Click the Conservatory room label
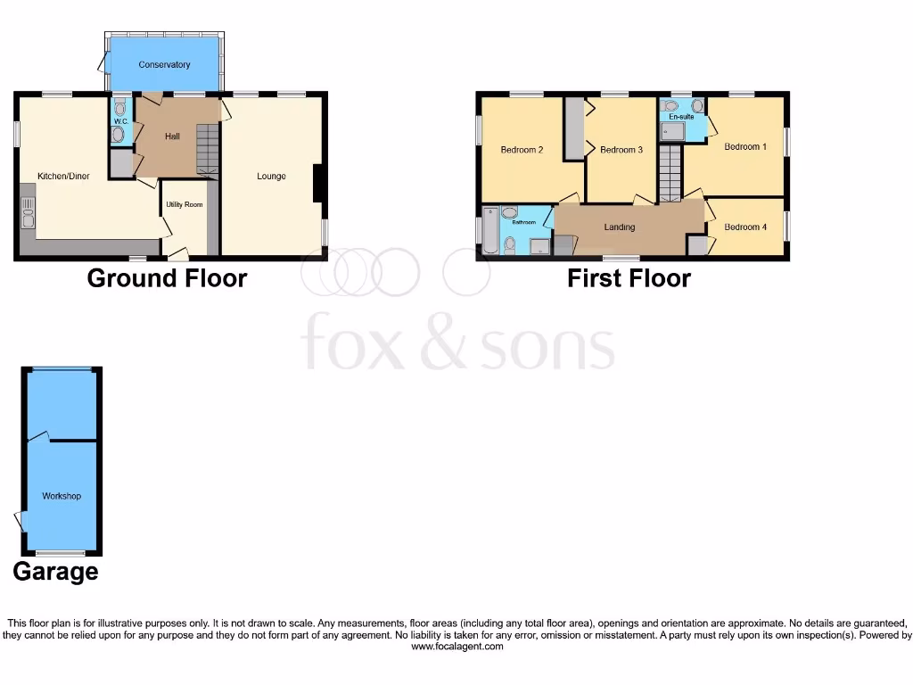(164, 64)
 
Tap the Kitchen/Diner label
(63, 176)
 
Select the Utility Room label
(185, 204)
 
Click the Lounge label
(271, 176)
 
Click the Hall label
(172, 136)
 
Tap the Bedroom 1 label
(744, 146)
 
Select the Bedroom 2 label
(522, 150)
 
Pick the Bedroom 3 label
(621, 150)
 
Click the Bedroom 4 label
(744, 227)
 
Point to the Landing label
(620, 227)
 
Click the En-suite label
(681, 117)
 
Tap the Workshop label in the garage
(62, 496)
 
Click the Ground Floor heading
(167, 278)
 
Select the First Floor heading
(629, 278)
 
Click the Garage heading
(55, 571)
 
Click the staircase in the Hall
(207, 148)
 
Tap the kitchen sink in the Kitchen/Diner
(28, 214)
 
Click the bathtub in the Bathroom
(489, 231)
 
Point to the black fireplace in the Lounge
(317, 184)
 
